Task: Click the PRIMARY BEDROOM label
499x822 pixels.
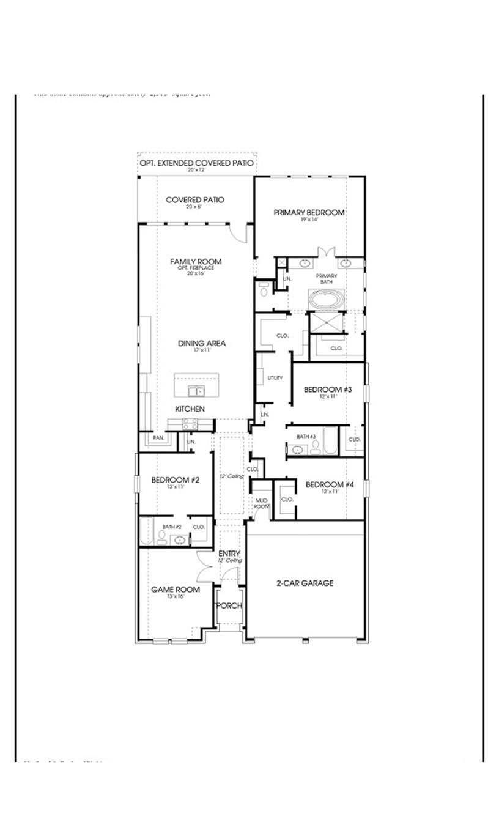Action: pos(309,212)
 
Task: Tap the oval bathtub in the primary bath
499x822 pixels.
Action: pos(326,300)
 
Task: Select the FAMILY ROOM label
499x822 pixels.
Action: pos(196,262)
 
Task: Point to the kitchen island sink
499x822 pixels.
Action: pos(196,391)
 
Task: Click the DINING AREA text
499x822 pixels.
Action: pos(202,344)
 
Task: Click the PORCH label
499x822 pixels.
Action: pos(230,605)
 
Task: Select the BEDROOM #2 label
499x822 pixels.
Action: pos(176,480)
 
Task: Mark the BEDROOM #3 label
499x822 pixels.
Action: pos(328,390)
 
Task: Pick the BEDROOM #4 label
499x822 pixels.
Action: pos(330,485)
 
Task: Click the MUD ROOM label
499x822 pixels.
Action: pos(262,503)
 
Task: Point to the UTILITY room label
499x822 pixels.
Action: pos(275,378)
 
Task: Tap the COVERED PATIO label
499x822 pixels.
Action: pos(195,200)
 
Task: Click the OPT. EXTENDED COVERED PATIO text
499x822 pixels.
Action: pos(196,163)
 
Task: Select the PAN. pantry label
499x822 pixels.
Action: pos(158,438)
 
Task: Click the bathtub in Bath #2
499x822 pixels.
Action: pos(147,531)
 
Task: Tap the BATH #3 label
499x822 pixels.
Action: pos(306,436)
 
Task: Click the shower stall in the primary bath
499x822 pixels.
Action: pos(326,322)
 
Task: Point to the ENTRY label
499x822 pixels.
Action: pos(229,554)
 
